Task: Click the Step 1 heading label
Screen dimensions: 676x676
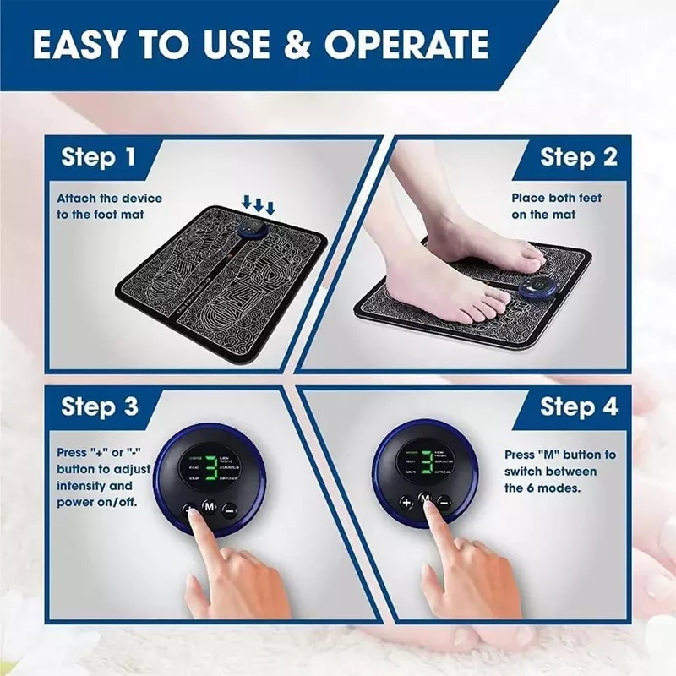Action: pos(98,157)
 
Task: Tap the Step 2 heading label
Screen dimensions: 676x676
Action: pos(578,157)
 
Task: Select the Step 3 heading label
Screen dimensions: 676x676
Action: pos(99,406)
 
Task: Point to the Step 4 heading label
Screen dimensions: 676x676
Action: pos(578,406)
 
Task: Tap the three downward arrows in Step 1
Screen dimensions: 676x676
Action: pos(259,205)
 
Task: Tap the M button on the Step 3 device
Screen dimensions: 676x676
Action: pos(208,508)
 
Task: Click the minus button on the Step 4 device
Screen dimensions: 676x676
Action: pos(445,502)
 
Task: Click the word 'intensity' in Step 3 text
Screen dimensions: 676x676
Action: pos(82,486)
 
